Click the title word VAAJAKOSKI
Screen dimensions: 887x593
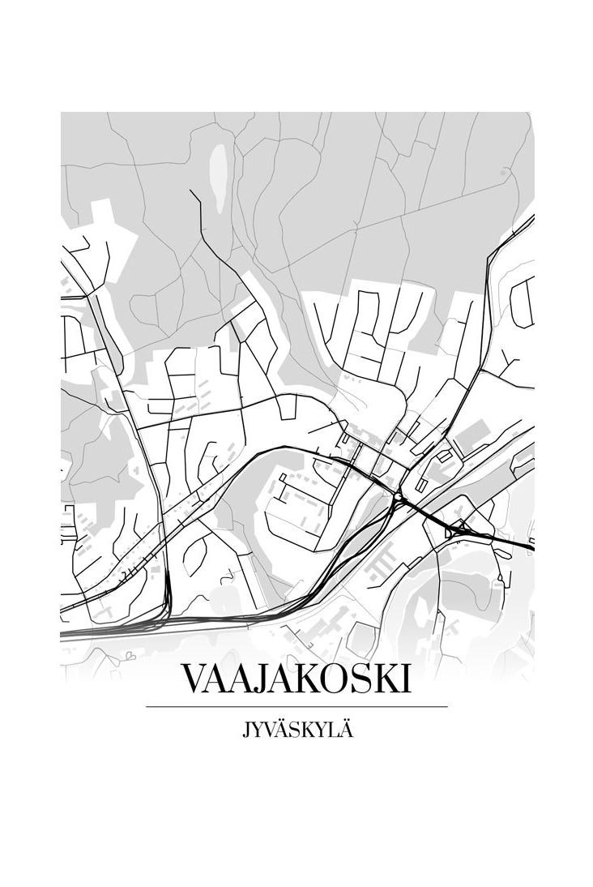click(x=296, y=679)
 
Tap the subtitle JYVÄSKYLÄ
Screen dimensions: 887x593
click(x=296, y=730)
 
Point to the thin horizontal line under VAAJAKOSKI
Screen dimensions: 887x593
click(x=296, y=707)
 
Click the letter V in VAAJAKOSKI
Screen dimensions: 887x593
click(x=194, y=679)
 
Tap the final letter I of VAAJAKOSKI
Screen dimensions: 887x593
click(x=406, y=679)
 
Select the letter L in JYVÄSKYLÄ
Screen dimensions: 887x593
click(x=333, y=730)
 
